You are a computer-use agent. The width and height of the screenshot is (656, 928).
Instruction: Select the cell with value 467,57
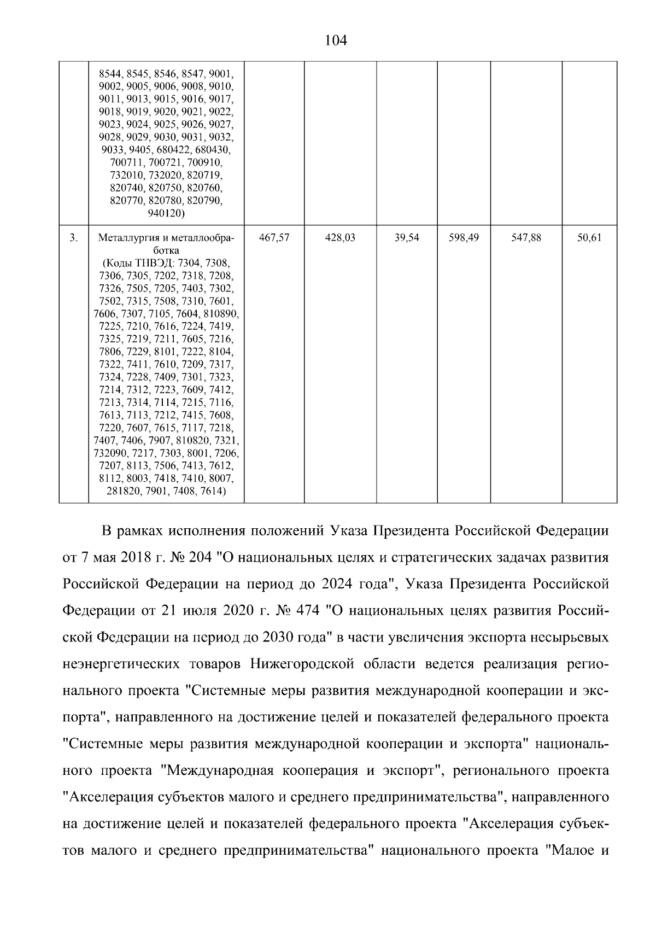coord(274,238)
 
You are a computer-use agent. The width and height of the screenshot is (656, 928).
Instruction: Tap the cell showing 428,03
coord(340,238)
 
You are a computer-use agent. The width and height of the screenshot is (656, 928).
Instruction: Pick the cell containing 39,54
coord(407,238)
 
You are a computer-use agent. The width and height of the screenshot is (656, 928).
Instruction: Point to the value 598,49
coord(464,238)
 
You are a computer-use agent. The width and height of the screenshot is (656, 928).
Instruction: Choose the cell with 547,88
coord(526,238)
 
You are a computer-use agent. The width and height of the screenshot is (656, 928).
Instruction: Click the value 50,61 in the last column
coord(589,238)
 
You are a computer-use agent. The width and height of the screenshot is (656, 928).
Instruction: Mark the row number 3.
coord(74,238)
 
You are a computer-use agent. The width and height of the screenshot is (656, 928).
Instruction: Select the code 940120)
coord(166,213)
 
